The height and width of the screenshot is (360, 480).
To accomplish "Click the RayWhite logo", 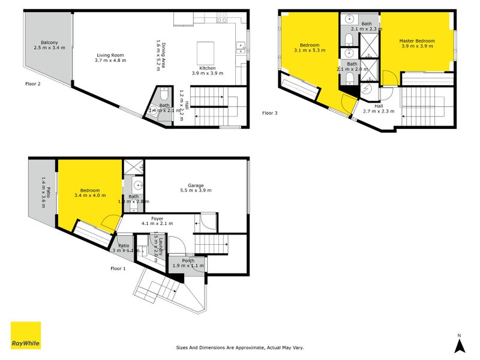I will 26,335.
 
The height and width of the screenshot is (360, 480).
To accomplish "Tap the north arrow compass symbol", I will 459,343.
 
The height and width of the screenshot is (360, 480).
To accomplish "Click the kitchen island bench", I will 205,49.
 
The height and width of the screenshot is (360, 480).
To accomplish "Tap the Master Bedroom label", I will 417,41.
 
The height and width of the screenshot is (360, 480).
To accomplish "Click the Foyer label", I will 157,218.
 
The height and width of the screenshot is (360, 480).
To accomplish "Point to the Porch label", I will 188,260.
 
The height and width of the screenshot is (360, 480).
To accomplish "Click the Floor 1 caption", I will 118,268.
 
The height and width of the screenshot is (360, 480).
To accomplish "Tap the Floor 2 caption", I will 33,84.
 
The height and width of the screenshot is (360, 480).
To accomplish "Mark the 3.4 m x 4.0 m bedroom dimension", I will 90,196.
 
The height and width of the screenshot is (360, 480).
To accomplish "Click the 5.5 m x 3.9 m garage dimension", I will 196,191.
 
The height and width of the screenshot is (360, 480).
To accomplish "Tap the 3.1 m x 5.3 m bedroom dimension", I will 310,51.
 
